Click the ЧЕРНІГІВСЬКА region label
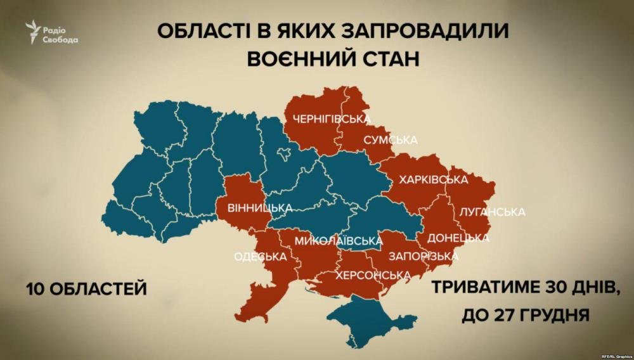[x=332, y=119]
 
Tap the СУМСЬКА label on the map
[x=391, y=139]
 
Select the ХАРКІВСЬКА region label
[x=434, y=180]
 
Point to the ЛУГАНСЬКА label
[x=493, y=210]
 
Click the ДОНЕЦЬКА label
[x=458, y=239]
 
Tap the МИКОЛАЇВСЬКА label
[x=339, y=241]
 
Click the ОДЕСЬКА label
[x=261, y=257]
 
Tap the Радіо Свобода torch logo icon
[x=33, y=32]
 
